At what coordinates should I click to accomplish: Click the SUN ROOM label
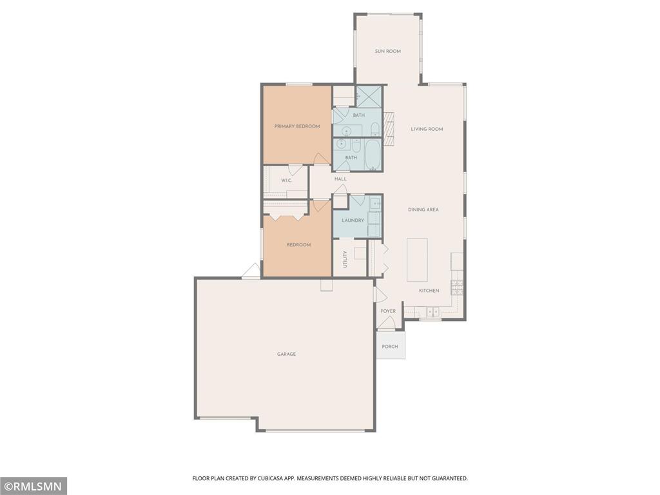click(x=387, y=52)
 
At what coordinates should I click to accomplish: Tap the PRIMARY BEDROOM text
click(x=297, y=126)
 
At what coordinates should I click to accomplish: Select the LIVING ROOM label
click(x=427, y=129)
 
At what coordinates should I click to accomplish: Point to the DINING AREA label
click(x=423, y=209)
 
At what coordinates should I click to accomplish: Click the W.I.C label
click(x=286, y=180)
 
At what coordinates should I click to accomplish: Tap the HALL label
click(x=340, y=179)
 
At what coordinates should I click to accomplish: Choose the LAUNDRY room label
click(x=353, y=220)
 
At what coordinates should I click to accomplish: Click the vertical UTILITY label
click(x=345, y=259)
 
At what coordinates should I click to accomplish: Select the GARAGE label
click(x=286, y=354)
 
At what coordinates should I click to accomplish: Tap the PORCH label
click(x=390, y=347)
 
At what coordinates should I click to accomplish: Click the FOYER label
click(x=388, y=311)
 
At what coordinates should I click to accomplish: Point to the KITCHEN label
click(x=429, y=291)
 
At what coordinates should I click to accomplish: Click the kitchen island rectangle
click(x=417, y=260)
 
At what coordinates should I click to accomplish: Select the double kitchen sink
click(x=432, y=312)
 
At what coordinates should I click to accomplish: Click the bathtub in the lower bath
click(x=373, y=155)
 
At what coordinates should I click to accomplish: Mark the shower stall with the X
click(x=369, y=97)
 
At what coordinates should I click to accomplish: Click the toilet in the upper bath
click(x=376, y=128)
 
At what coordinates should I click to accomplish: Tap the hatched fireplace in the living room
click(x=389, y=129)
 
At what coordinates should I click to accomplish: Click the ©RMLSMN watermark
click(x=34, y=487)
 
